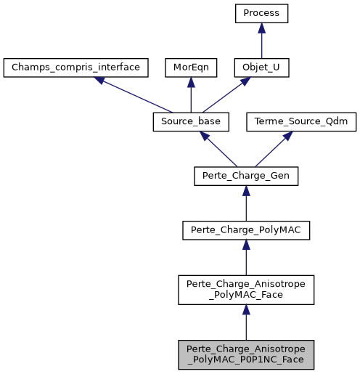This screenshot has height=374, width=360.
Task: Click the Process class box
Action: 261,14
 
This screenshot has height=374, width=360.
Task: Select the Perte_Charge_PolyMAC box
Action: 246,231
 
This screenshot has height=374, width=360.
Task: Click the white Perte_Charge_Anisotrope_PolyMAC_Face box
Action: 246,290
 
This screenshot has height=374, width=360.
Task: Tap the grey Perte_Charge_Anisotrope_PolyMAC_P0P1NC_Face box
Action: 246,354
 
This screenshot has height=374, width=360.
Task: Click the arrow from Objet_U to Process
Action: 261,41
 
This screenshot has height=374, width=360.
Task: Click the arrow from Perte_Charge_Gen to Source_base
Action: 218,150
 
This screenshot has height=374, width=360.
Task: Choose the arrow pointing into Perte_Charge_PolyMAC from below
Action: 246,259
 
